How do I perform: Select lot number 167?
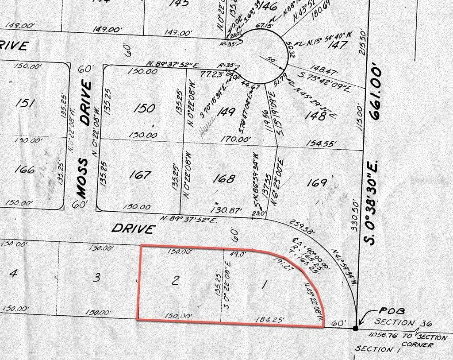[140, 175]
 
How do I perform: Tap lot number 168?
[224, 178]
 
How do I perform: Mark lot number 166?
[24, 169]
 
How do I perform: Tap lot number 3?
[98, 278]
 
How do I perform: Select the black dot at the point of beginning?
[356, 329]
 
